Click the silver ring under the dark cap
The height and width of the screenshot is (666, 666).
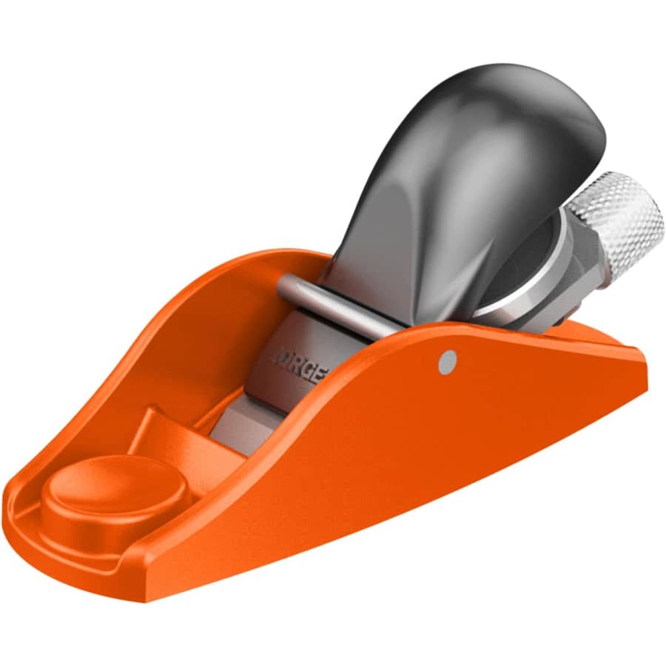(518, 289)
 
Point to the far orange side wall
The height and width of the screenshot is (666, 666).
(222, 296)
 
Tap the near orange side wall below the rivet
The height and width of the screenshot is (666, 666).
(444, 444)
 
